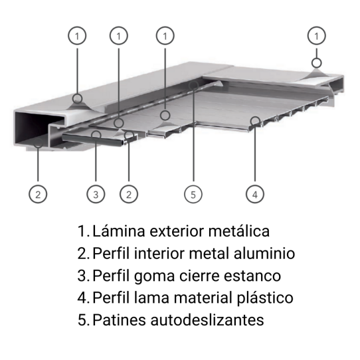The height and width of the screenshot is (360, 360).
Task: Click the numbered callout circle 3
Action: tap(96, 194)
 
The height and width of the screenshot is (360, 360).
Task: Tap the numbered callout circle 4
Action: tap(254, 194)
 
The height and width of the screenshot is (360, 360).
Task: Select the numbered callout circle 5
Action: tap(193, 194)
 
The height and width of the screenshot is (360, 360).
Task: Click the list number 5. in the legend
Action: tap(83, 319)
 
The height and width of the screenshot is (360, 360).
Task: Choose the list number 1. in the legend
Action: tap(83, 232)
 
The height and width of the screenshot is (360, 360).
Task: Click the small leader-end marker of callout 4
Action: tap(254, 120)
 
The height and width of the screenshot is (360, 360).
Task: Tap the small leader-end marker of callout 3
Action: tap(97, 134)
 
